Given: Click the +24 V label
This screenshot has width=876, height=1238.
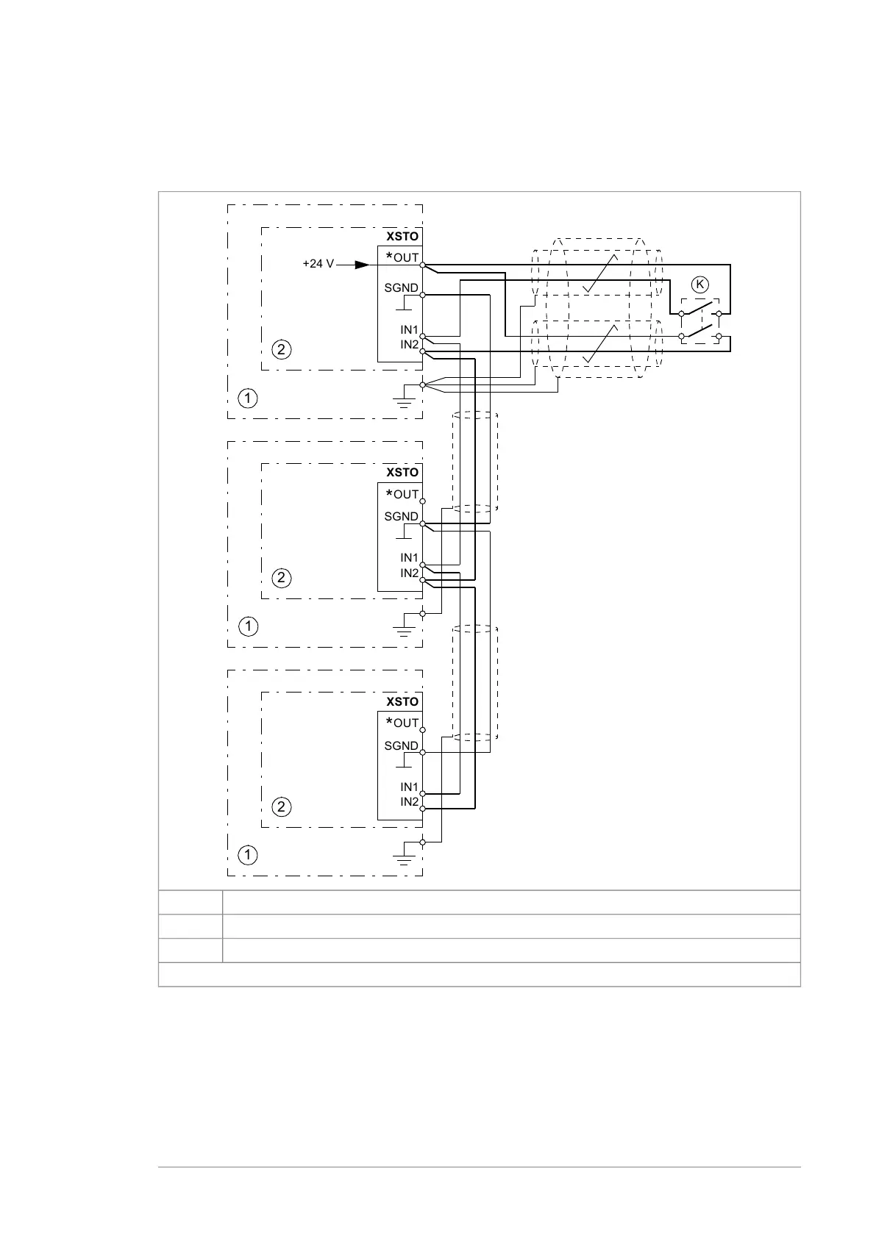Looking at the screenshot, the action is [318, 263].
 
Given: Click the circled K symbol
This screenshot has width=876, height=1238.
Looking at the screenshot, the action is [700, 284].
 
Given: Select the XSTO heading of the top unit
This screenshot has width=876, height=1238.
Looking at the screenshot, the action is [402, 237].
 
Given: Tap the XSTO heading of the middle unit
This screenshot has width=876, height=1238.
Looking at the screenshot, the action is [402, 473].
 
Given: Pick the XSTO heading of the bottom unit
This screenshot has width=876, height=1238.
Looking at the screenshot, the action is [402, 702].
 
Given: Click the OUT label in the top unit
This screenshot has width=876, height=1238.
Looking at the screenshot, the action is [405, 258].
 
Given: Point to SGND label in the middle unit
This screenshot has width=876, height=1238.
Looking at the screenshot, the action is [401, 517].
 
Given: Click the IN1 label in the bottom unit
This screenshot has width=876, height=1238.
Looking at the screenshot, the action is [409, 787].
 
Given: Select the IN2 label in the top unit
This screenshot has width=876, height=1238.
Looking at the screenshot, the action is [409, 345].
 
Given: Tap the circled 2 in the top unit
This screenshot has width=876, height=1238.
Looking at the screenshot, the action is [281, 349].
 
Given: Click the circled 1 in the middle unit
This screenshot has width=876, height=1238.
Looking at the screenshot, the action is [249, 626].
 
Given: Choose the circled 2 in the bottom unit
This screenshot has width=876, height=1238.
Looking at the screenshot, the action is [281, 807].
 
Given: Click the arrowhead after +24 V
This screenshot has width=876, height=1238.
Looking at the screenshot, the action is [362, 264].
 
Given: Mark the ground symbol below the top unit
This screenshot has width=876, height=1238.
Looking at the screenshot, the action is [402, 401].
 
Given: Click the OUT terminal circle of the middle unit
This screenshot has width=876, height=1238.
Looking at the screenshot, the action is [422, 501].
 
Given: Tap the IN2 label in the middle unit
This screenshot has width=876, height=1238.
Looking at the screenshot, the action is [409, 573].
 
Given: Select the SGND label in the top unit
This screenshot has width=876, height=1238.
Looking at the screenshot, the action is [401, 288].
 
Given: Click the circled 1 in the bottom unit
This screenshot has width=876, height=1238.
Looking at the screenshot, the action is [249, 855].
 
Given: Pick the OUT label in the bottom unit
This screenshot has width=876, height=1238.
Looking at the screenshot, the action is [405, 723].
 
